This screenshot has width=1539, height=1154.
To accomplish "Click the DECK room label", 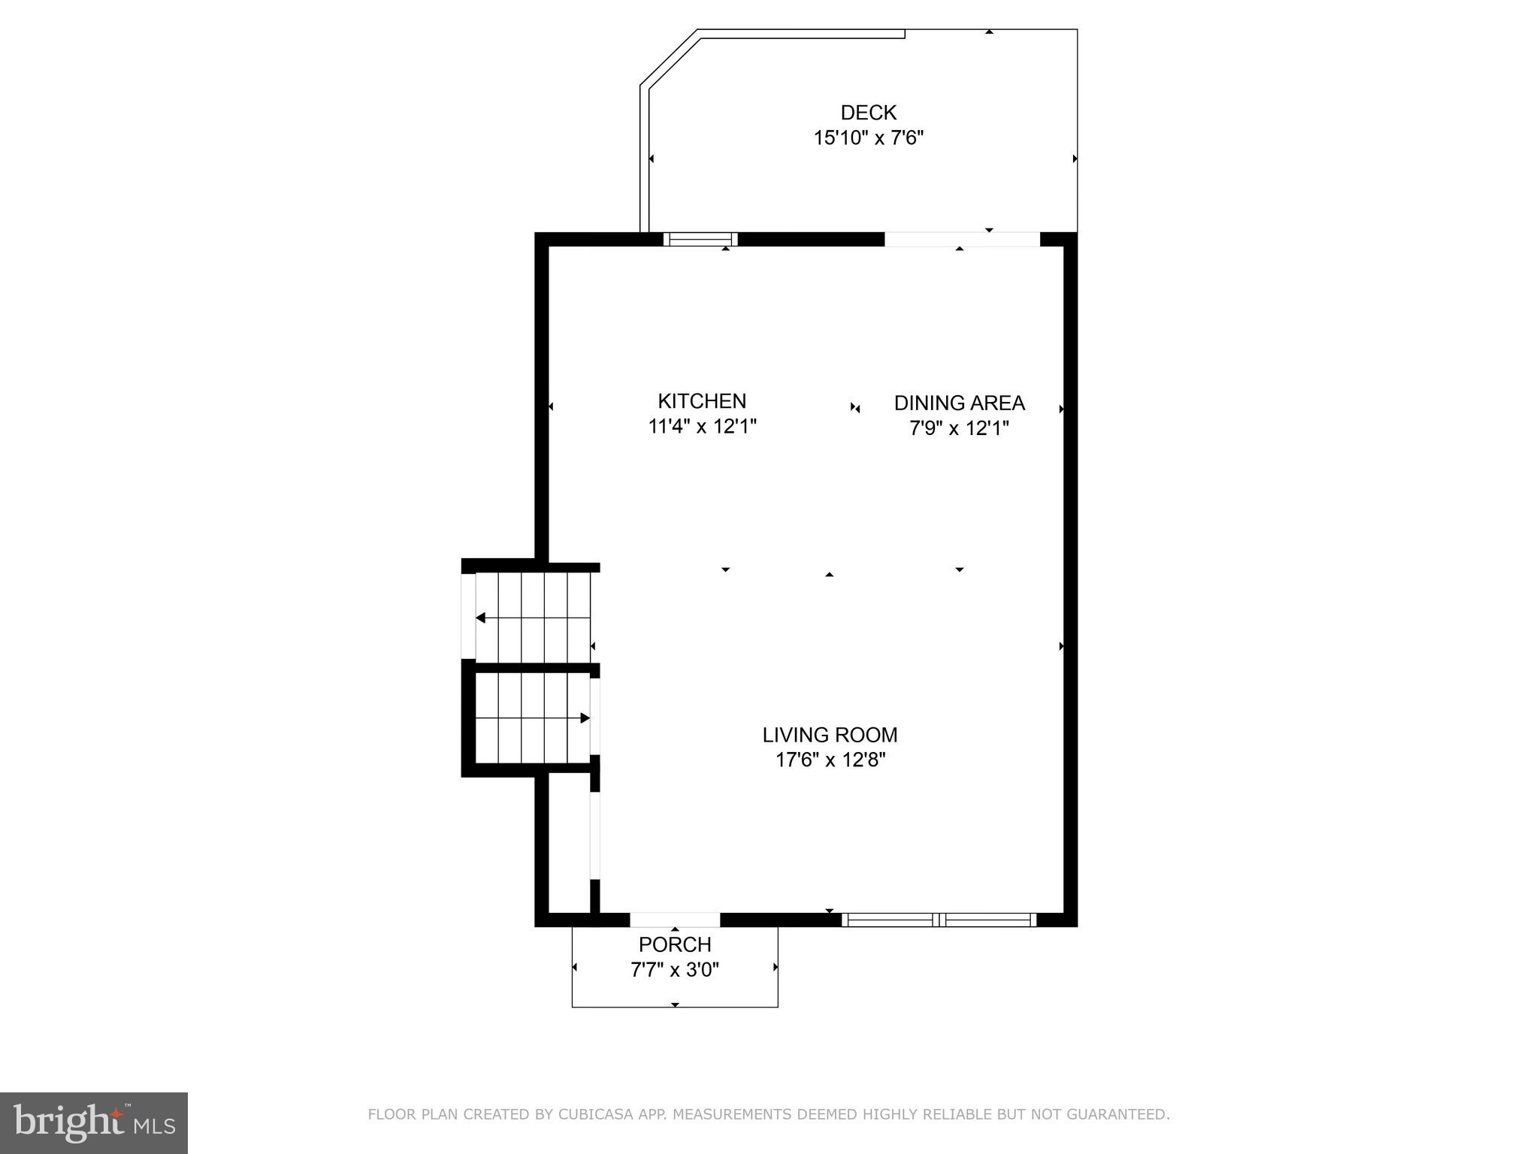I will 868,113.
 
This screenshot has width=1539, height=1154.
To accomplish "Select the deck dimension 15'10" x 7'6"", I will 868,138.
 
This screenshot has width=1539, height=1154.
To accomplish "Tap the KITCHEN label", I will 702,401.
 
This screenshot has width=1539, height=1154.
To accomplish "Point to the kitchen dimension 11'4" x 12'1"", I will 702,427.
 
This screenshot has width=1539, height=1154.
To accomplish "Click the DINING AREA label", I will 959,403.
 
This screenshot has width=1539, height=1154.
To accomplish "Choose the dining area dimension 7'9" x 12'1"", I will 959,429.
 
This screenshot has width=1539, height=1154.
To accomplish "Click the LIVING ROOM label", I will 830,735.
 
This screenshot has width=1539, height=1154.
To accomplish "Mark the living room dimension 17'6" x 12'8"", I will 830,760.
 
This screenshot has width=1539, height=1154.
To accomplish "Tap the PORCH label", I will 675,944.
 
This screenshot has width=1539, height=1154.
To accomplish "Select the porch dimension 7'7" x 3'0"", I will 675,970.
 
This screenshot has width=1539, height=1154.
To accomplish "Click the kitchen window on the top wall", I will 700,240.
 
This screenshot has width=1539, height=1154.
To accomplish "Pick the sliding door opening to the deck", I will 962,240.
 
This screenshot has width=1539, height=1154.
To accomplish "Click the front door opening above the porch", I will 675,920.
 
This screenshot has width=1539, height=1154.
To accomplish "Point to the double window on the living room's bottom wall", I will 939,920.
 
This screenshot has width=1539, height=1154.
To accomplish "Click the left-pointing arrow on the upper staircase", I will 481,618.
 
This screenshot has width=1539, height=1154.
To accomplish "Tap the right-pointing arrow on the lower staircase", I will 585,718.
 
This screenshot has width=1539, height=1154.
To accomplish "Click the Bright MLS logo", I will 94,1122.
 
